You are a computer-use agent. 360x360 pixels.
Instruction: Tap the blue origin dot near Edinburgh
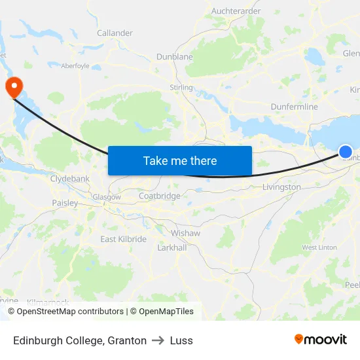coord(346,152)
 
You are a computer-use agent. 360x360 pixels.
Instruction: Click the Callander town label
coord(115,33)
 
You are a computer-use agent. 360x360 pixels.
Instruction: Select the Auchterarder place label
coord(236,11)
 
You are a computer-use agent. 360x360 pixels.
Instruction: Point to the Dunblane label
coord(174,57)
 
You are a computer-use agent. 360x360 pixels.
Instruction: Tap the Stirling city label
coord(181,87)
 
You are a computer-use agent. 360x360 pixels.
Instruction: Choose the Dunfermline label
coord(294,107)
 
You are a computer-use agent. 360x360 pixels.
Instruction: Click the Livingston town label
coord(281,187)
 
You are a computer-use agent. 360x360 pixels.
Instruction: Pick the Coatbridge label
coord(159,196)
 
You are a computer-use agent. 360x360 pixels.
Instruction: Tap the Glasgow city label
coord(106,197)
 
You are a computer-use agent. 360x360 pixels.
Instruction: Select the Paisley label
coord(65,203)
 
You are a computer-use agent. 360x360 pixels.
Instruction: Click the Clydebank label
coord(70,178)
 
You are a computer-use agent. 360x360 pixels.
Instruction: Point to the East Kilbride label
coord(123,239)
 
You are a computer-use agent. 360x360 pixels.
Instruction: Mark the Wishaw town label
coord(185,233)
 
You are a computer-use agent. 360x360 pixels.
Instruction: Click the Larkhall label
coord(172,248)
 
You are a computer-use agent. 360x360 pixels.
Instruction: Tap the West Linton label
coord(319,247)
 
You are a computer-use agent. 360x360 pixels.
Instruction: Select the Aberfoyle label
coord(75,65)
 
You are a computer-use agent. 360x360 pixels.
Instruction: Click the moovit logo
coord(321,340)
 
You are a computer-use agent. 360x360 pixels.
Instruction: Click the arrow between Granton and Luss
coord(158,340)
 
